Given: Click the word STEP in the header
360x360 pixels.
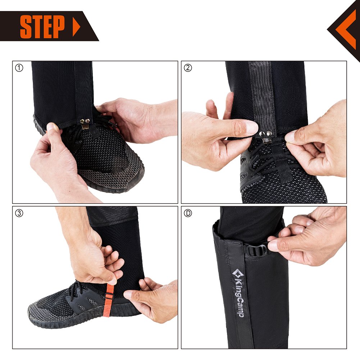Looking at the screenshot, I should [42, 26].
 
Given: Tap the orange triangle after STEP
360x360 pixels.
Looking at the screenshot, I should [76, 26].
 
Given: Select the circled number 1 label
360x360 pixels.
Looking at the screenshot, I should [19, 68].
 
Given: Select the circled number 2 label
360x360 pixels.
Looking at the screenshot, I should [187, 68].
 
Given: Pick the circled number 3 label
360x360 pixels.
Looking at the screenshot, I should [19, 213].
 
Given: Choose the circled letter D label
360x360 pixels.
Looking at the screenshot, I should [187, 213].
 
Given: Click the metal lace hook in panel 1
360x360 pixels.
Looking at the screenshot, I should [85, 124].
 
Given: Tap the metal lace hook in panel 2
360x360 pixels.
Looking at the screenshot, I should [266, 136].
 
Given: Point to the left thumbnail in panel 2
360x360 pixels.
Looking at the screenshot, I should [251, 127].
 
